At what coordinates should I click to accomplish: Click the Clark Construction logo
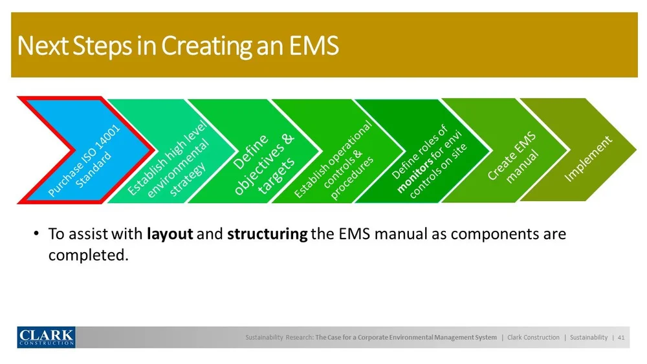point(46,337)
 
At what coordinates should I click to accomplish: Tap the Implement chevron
point(589,155)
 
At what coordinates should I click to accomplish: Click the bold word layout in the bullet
point(170,234)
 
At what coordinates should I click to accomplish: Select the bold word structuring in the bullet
point(267,234)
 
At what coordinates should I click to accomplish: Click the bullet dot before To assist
point(37,234)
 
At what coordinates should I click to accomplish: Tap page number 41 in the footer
point(621,337)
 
